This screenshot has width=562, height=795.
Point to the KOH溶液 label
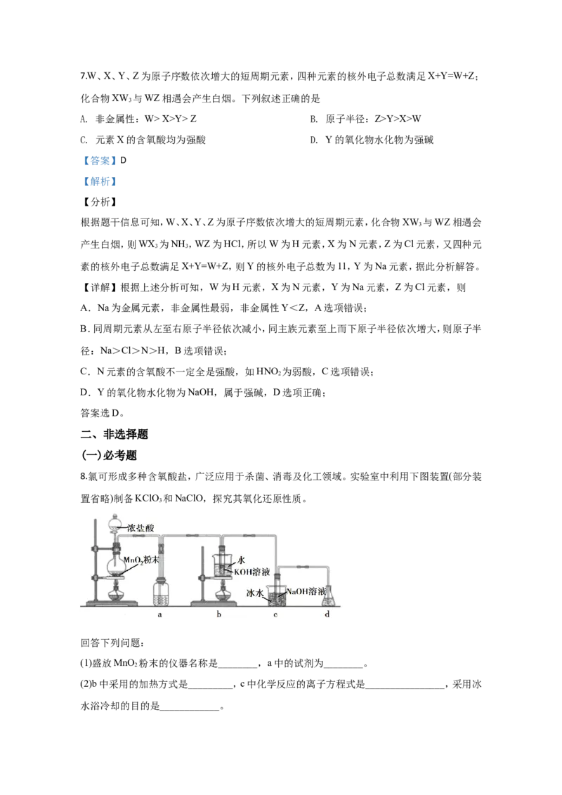pos(251,572)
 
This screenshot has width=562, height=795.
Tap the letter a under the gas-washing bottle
pos(159,615)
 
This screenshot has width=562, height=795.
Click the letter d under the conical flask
pos(327,614)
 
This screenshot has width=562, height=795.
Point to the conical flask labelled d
pos(329,596)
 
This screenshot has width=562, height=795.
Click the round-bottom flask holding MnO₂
pos(116,565)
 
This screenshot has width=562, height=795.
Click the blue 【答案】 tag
pos(100,161)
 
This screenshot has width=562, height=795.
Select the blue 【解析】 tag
pos(100,181)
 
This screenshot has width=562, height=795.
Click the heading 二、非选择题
pos(115,435)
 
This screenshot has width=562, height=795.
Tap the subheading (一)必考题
pos(109,455)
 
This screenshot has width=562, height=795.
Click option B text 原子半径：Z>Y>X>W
pos(365,119)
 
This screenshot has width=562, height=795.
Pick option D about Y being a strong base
pos(372,140)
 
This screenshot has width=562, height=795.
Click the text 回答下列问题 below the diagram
pos(112,643)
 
